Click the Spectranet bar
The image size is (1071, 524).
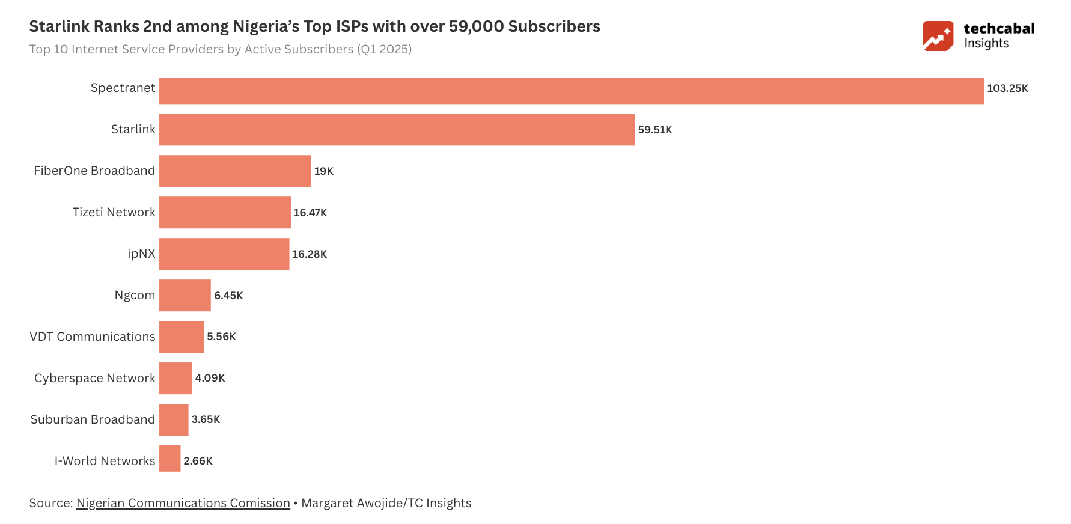[571, 91]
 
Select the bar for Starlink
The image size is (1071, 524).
[397, 129]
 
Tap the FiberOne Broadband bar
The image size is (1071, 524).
[235, 171]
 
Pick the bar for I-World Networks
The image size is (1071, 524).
[169, 458]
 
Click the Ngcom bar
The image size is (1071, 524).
[185, 295]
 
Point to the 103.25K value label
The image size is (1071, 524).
[1007, 88]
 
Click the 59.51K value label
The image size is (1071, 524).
[655, 130]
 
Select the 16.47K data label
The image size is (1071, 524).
[310, 213]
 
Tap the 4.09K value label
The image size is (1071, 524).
[210, 378]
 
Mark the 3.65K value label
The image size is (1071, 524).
[206, 419]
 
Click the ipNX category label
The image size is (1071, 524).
[141, 254]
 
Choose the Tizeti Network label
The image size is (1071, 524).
[114, 212]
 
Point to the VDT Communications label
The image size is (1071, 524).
[93, 337]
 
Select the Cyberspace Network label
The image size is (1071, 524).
[94, 378]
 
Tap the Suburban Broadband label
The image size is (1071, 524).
[93, 419]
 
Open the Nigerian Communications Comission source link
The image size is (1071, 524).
[183, 503]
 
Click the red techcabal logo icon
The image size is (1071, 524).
[938, 36]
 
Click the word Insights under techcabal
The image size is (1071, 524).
[986, 43]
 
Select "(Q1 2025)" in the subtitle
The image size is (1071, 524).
[384, 49]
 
